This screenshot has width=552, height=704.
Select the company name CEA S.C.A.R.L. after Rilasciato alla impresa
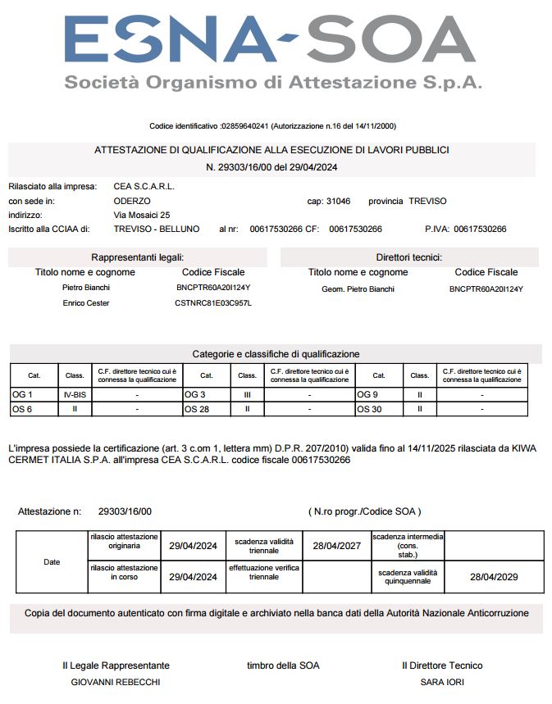coord(144,186)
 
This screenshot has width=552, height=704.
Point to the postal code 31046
coord(338,201)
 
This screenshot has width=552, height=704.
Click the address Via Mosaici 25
coord(142,215)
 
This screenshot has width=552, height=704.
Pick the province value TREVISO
coord(427,201)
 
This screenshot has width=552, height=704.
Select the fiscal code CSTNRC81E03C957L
coord(213,303)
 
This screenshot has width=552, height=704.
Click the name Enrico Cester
coord(86,303)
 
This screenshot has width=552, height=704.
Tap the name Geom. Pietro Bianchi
coord(358,288)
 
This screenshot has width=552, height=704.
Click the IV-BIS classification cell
coord(75,395)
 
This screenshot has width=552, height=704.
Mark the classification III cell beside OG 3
coord(247,395)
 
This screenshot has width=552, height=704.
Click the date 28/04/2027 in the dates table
coord(337,546)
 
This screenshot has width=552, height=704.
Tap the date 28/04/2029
coord(494,577)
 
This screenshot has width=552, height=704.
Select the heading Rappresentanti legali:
coord(143,257)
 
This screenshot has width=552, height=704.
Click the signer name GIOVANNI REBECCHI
coord(116,682)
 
